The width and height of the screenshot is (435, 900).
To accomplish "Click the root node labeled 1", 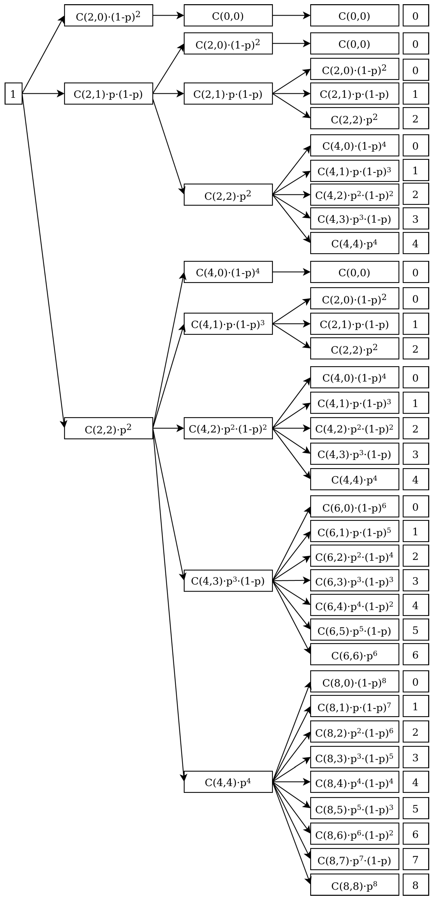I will point(13,94).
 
